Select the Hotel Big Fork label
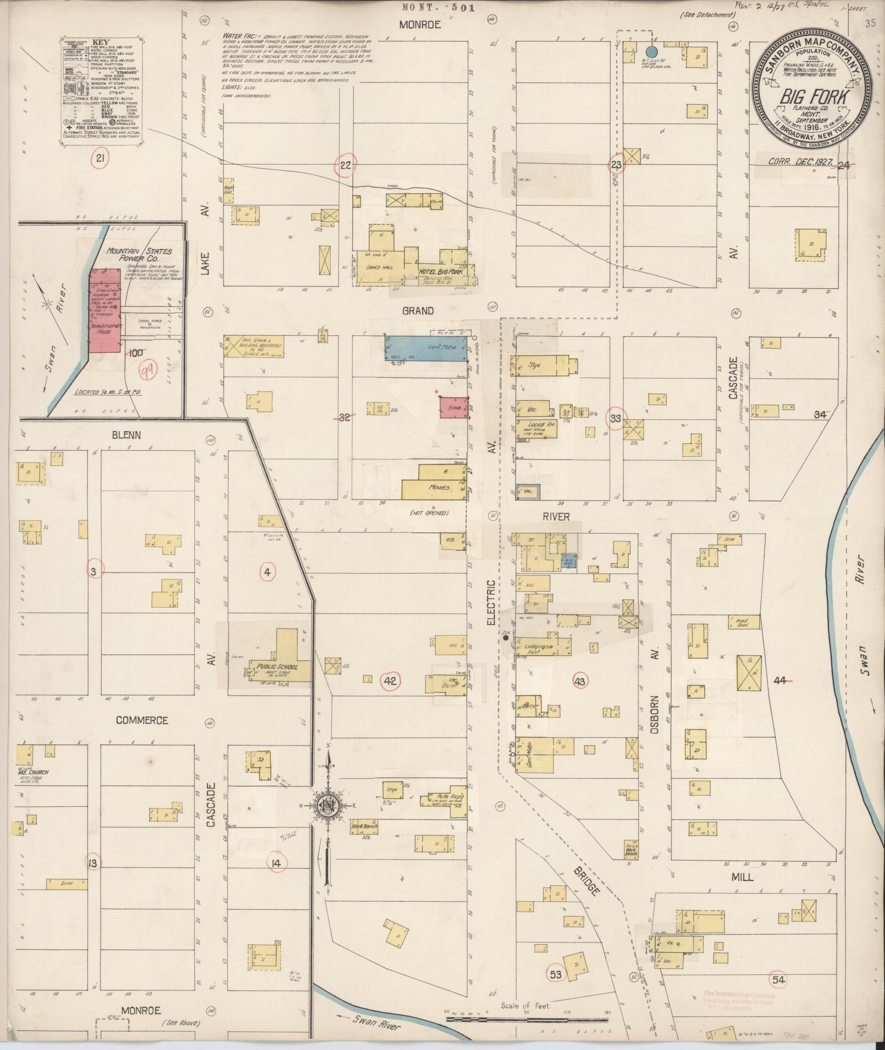click(441, 272)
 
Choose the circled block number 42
click(390, 681)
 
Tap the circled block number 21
click(100, 159)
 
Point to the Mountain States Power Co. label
click(139, 255)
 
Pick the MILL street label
click(742, 877)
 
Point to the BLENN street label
click(126, 435)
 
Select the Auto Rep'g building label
click(450, 796)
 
